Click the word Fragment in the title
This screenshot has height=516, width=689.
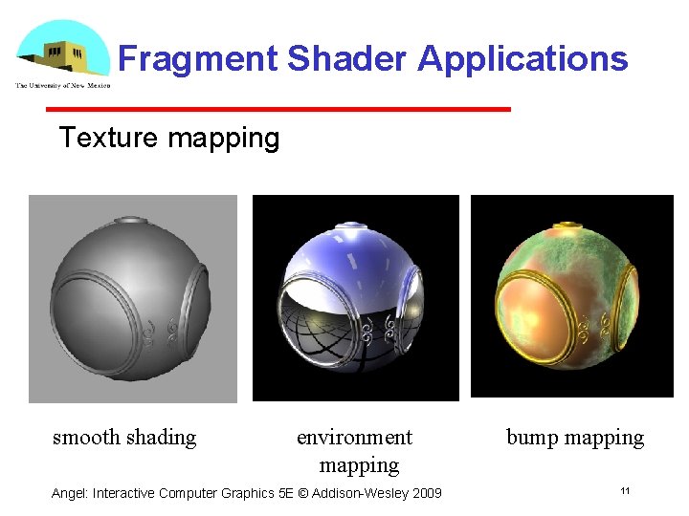click(198, 59)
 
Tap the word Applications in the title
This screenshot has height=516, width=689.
click(522, 59)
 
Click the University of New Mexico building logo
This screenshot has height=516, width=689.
click(62, 54)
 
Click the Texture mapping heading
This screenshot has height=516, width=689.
click(169, 138)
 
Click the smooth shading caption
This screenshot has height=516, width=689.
click(124, 438)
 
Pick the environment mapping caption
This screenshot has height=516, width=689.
click(356, 451)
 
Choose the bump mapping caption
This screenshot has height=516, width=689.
click(575, 438)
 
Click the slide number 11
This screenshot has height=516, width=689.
click(624, 491)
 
